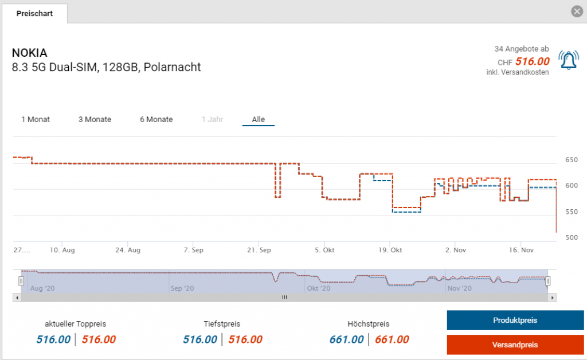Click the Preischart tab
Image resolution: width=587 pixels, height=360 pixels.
pos(34,13)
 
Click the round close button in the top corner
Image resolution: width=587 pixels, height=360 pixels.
pos(577,11)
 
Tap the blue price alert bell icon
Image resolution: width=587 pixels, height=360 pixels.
pos(568,61)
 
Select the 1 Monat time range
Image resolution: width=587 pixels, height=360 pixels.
pos(36,119)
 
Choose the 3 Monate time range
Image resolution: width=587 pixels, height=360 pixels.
pos(95,119)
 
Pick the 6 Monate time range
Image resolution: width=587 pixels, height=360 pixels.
pos(156,119)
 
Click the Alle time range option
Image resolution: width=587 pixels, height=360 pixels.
pos(258,119)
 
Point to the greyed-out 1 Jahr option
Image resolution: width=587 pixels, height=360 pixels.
pos(212,119)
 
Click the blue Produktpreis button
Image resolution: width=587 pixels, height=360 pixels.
pos(507,320)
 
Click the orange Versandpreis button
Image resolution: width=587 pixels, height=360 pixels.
pos(507,345)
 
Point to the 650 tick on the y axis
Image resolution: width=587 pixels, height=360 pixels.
pos(572,160)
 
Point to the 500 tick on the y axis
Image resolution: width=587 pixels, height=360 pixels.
pos(572,237)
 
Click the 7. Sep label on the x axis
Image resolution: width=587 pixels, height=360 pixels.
pos(193,251)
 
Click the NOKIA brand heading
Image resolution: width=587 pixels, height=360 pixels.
pos(30,53)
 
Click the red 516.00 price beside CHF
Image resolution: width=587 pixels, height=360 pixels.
pos(533,61)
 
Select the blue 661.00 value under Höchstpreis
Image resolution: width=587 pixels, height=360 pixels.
pos(346,339)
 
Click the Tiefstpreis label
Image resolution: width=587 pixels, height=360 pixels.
pos(222,324)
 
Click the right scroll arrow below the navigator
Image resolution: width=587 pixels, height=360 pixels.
pos(553,298)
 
